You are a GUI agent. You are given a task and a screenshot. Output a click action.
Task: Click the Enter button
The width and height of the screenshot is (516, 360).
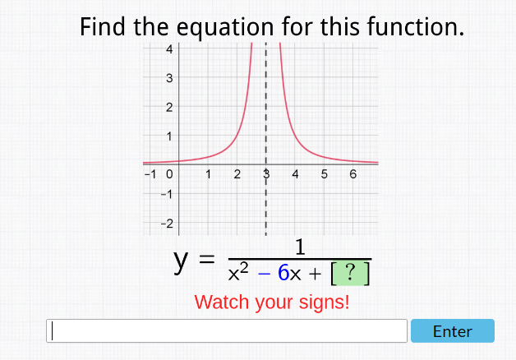tap(452, 331)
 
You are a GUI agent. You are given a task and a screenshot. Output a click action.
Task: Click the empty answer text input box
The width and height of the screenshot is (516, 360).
tap(227, 331)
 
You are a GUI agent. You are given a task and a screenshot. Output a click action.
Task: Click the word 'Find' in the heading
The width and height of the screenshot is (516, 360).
tap(104, 27)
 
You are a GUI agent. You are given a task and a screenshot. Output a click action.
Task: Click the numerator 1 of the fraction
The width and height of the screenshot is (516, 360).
tap(300, 247)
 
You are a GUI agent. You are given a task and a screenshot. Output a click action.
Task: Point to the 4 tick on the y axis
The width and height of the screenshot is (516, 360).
tap(168, 48)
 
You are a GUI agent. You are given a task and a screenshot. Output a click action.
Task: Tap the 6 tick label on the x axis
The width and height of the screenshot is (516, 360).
tap(352, 174)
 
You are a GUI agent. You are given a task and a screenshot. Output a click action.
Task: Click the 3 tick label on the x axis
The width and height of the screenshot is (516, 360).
tap(266, 174)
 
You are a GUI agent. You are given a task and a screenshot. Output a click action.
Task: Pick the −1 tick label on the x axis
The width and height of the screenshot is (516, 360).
tap(150, 174)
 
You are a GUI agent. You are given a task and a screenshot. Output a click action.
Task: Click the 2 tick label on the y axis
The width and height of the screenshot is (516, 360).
tap(168, 107)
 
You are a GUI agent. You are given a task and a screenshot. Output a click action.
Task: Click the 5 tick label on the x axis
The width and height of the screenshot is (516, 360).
tap(324, 174)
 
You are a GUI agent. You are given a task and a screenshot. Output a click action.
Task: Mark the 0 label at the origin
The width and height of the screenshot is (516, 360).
tap(168, 174)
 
